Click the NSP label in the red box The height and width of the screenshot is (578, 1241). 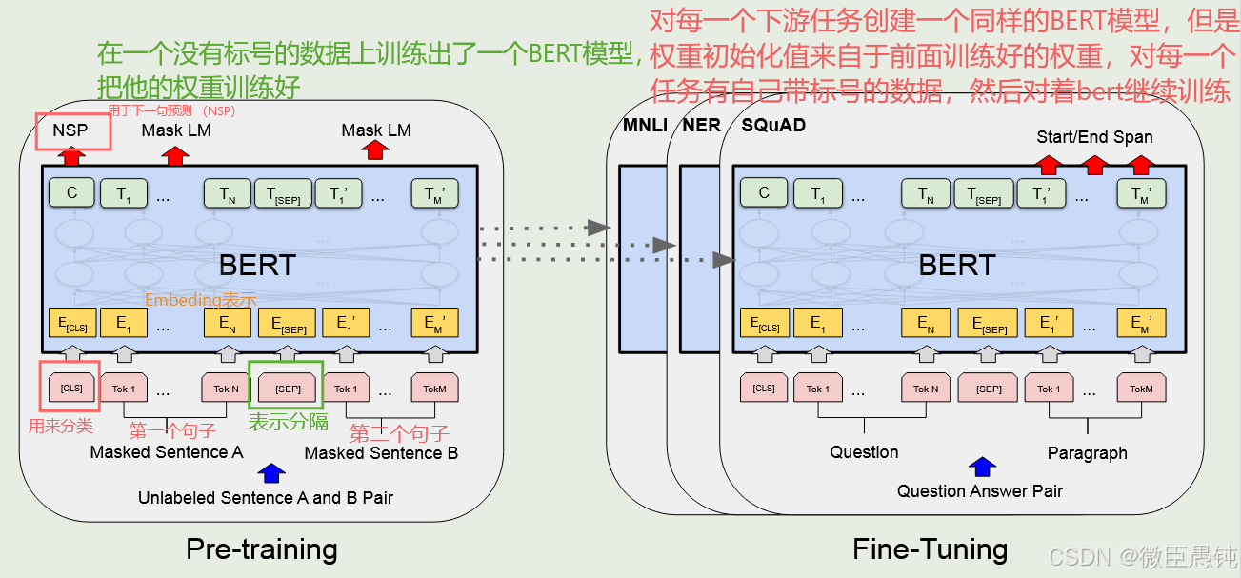click(70, 130)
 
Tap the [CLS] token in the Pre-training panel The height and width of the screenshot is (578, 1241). click(70, 389)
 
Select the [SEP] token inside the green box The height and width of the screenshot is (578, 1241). click(288, 389)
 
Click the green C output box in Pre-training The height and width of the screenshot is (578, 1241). click(72, 193)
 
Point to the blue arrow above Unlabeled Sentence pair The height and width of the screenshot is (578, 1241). click(271, 473)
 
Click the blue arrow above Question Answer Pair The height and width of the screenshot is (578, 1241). click(982, 468)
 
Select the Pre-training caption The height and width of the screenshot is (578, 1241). click(261, 548)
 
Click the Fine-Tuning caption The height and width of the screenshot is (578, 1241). click(930, 548)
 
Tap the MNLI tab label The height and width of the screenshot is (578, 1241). click(645, 125)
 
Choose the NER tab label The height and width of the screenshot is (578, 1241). click(702, 125)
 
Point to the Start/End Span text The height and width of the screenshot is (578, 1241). click(1094, 137)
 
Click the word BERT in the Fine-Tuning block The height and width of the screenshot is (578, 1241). click(956, 265)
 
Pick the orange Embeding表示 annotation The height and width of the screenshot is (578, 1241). click(201, 300)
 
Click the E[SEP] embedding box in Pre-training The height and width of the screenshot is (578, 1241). click(288, 325)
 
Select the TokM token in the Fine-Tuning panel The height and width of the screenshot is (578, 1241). click(1141, 389)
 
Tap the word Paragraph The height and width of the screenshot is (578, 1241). click(1087, 453)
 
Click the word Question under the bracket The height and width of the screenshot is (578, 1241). click(864, 452)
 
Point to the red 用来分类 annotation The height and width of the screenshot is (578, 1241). click(61, 426)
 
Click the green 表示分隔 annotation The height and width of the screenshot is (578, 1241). click(289, 423)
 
